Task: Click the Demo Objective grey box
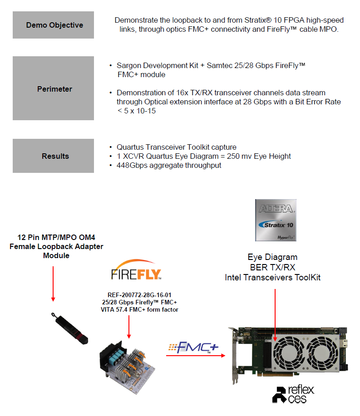click(53, 25)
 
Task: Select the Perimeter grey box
click(53, 88)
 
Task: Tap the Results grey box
click(53, 156)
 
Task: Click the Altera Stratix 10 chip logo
click(276, 220)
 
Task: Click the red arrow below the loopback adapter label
click(53, 283)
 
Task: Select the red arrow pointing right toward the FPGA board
click(196, 356)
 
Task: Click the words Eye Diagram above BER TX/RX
click(272, 257)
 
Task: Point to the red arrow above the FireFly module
click(129, 327)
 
